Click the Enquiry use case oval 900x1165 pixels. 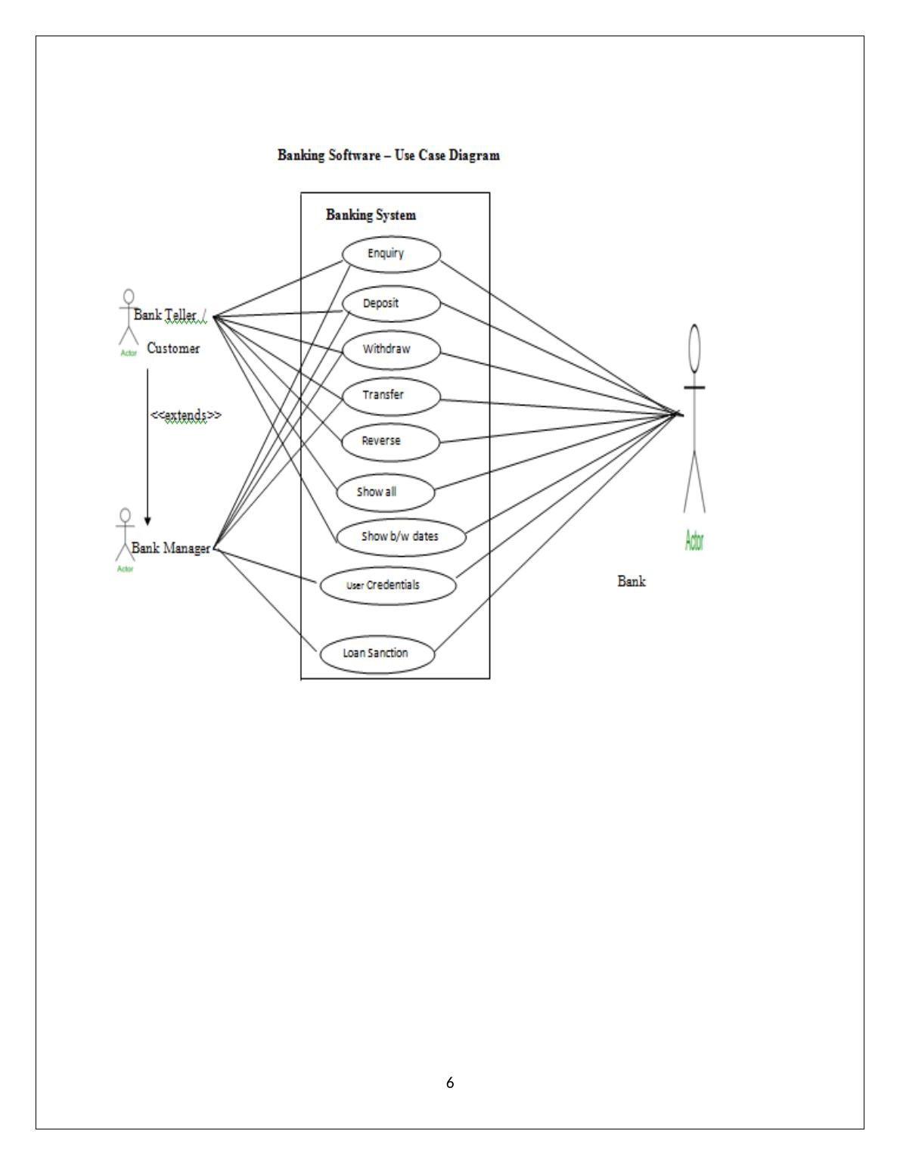(x=390, y=254)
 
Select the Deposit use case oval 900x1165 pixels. (x=390, y=304)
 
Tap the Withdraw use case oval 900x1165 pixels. (x=390, y=349)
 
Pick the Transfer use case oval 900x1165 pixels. (x=390, y=395)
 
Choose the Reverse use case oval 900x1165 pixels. (x=390, y=441)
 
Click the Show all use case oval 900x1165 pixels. (x=386, y=492)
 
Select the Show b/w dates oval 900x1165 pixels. (x=400, y=537)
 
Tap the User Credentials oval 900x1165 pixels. (x=387, y=585)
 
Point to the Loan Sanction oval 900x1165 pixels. (x=377, y=654)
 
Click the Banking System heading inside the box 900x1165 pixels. (x=371, y=215)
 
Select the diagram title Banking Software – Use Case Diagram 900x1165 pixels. (x=389, y=155)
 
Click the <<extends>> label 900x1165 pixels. (x=185, y=415)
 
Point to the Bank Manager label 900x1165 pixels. (x=171, y=548)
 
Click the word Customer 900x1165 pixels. (x=173, y=349)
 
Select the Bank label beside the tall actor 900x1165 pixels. (x=632, y=582)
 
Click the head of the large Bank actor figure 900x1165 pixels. (x=694, y=346)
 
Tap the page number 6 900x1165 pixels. (x=450, y=1083)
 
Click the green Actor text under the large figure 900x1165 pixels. (x=694, y=540)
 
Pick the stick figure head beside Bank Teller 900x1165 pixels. (x=129, y=296)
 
